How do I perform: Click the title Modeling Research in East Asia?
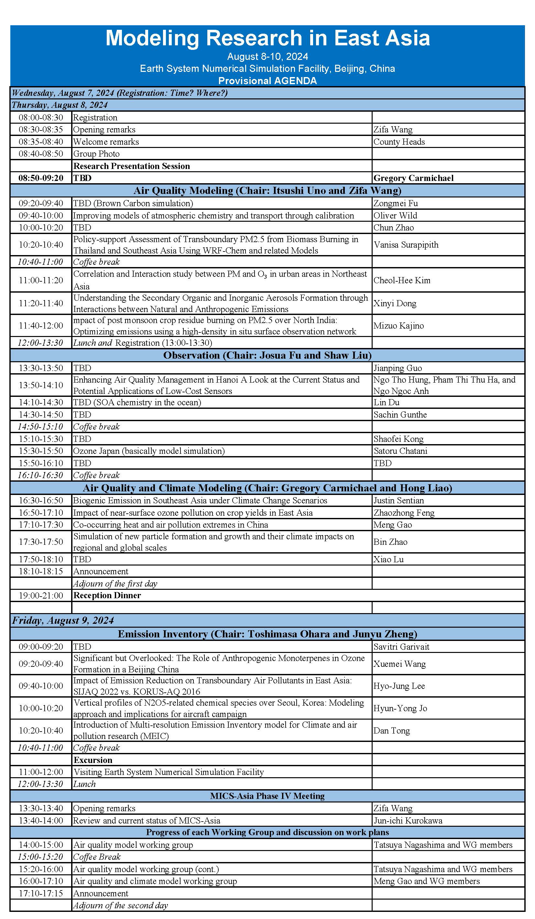[x=267, y=38]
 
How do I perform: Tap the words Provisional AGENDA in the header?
[x=267, y=81]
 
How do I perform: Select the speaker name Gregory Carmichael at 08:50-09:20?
[x=413, y=178]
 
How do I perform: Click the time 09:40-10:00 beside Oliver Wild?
[x=41, y=216]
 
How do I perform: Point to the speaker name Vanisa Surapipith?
[x=406, y=245]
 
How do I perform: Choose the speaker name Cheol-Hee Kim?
[x=402, y=280]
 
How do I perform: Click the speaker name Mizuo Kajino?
[x=398, y=326]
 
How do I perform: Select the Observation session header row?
[x=267, y=355]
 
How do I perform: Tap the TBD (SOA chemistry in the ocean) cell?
[x=137, y=402]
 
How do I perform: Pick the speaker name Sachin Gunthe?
[x=400, y=414]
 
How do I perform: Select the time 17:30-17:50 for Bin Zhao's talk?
[x=41, y=542]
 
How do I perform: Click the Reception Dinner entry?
[x=107, y=595]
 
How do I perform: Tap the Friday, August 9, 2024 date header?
[x=63, y=620]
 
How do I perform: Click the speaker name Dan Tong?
[x=391, y=731]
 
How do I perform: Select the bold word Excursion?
[x=93, y=760]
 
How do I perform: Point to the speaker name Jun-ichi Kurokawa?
[x=408, y=821]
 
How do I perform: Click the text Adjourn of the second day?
[x=121, y=905]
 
